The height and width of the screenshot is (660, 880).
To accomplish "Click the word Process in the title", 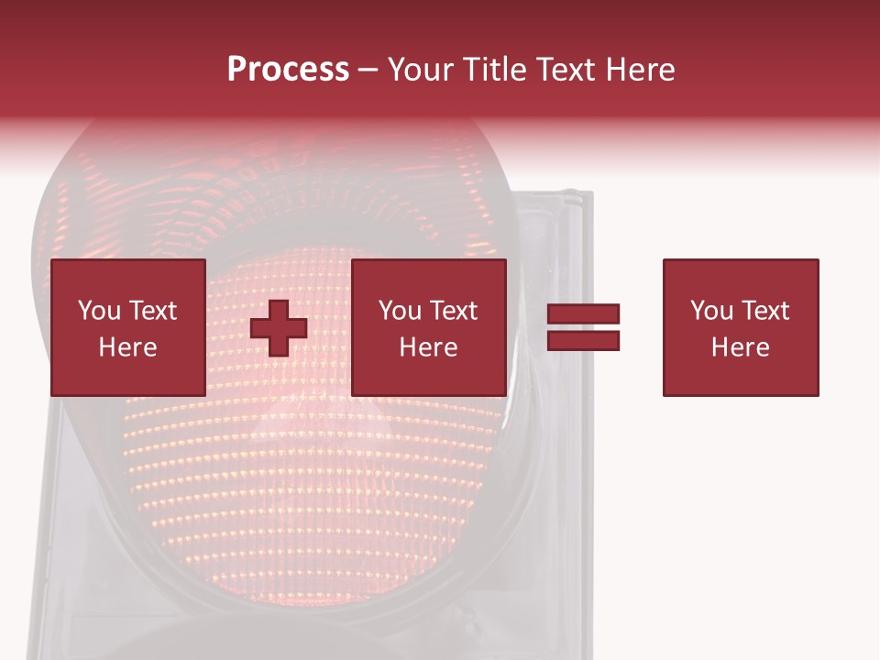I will (x=288, y=70).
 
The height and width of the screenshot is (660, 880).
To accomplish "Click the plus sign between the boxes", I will (x=279, y=327).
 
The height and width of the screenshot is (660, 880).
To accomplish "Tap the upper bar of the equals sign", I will (x=583, y=314).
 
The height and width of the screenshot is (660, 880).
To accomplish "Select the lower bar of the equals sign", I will (x=583, y=341).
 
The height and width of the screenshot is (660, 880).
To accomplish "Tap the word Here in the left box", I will (x=127, y=346).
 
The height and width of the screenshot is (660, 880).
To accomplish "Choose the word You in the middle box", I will (x=400, y=310).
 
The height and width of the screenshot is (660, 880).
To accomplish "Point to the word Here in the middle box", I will (x=428, y=346).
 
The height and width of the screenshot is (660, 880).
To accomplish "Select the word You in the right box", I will (x=711, y=310).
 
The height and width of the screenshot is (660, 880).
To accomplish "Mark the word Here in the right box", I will (x=740, y=346).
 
